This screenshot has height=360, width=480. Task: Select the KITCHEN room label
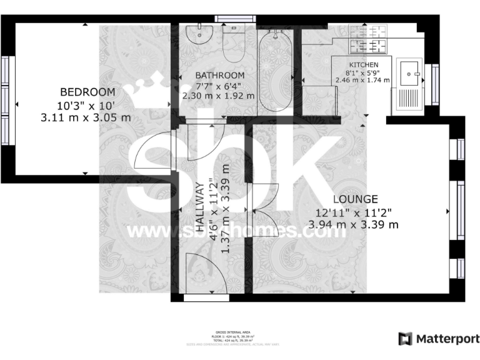[x=363, y=65]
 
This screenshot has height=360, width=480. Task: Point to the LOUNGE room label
[x=354, y=199]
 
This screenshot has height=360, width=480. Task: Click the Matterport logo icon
[x=405, y=339]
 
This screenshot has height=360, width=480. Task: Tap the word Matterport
[x=444, y=339]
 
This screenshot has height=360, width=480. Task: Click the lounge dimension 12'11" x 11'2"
[x=355, y=212]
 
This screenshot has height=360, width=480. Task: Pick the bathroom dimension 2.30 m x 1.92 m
[x=218, y=96]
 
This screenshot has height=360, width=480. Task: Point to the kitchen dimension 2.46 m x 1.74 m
[x=362, y=80]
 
